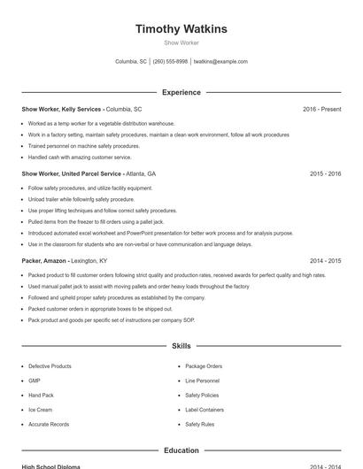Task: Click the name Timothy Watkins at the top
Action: tap(181, 29)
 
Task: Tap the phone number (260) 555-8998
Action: tap(170, 62)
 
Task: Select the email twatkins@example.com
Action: tap(220, 62)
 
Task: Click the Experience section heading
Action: tap(181, 92)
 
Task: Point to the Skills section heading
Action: tap(181, 346)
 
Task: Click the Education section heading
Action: tap(181, 450)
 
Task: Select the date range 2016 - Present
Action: tap(321, 109)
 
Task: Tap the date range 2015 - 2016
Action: tap(325, 174)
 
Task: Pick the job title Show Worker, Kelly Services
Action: tap(62, 109)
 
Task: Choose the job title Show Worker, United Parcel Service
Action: tap(72, 174)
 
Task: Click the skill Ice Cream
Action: tap(40, 410)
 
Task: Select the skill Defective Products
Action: tap(50, 366)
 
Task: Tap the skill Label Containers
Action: tap(204, 410)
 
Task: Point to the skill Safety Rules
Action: tap(199, 425)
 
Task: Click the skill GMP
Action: tap(34, 381)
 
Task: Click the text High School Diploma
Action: tap(50, 466)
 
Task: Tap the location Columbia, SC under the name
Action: tap(131, 62)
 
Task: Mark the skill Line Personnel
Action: tap(202, 381)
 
